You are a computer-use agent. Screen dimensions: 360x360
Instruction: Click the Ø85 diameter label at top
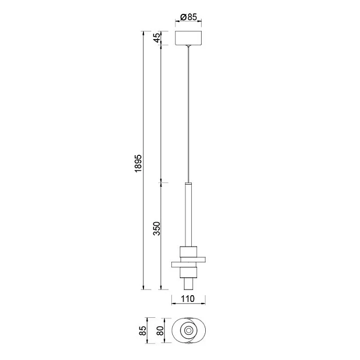tap(189, 17)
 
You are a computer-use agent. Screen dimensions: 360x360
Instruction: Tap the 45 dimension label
tap(157, 38)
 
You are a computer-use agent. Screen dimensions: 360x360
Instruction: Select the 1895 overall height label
tap(139, 163)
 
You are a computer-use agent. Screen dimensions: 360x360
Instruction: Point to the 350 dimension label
tap(157, 228)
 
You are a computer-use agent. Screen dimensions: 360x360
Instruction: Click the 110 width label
tap(188, 299)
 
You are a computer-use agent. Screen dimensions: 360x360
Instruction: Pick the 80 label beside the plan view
tap(160, 331)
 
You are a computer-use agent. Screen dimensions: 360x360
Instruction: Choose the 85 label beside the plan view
tap(142, 331)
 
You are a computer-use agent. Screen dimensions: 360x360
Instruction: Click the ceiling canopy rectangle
tap(188, 38)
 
